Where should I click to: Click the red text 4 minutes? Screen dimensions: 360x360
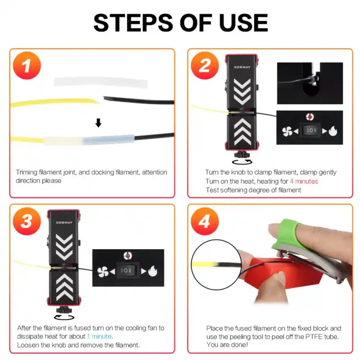point(304,181)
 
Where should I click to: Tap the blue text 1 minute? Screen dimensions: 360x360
point(99,337)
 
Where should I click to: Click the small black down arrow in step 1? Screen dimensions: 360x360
point(98,123)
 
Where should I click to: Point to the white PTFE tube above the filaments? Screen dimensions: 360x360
point(101,82)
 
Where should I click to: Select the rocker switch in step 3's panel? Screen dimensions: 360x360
point(128,271)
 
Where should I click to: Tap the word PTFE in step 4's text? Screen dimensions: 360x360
point(305,337)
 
